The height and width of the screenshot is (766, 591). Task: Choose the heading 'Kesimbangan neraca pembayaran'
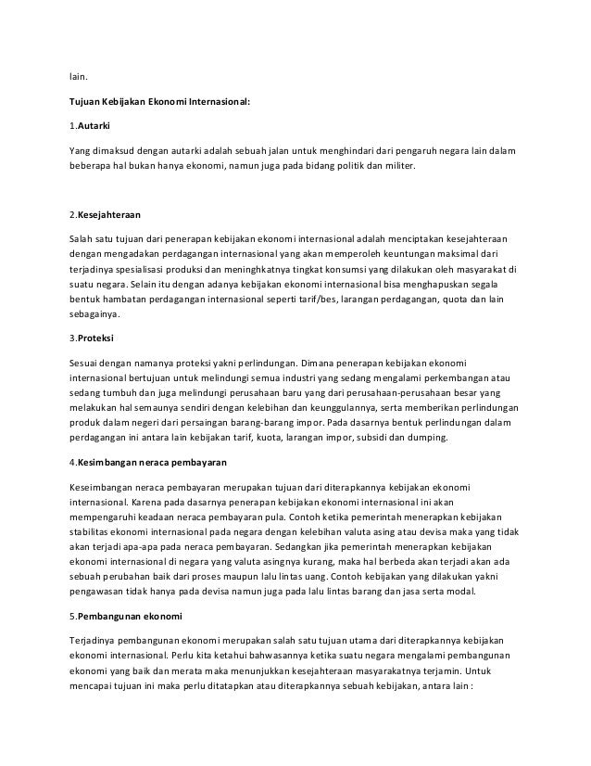(153, 462)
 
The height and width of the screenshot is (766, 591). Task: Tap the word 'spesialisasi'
(144, 267)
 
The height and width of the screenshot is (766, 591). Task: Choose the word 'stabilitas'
(93, 532)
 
